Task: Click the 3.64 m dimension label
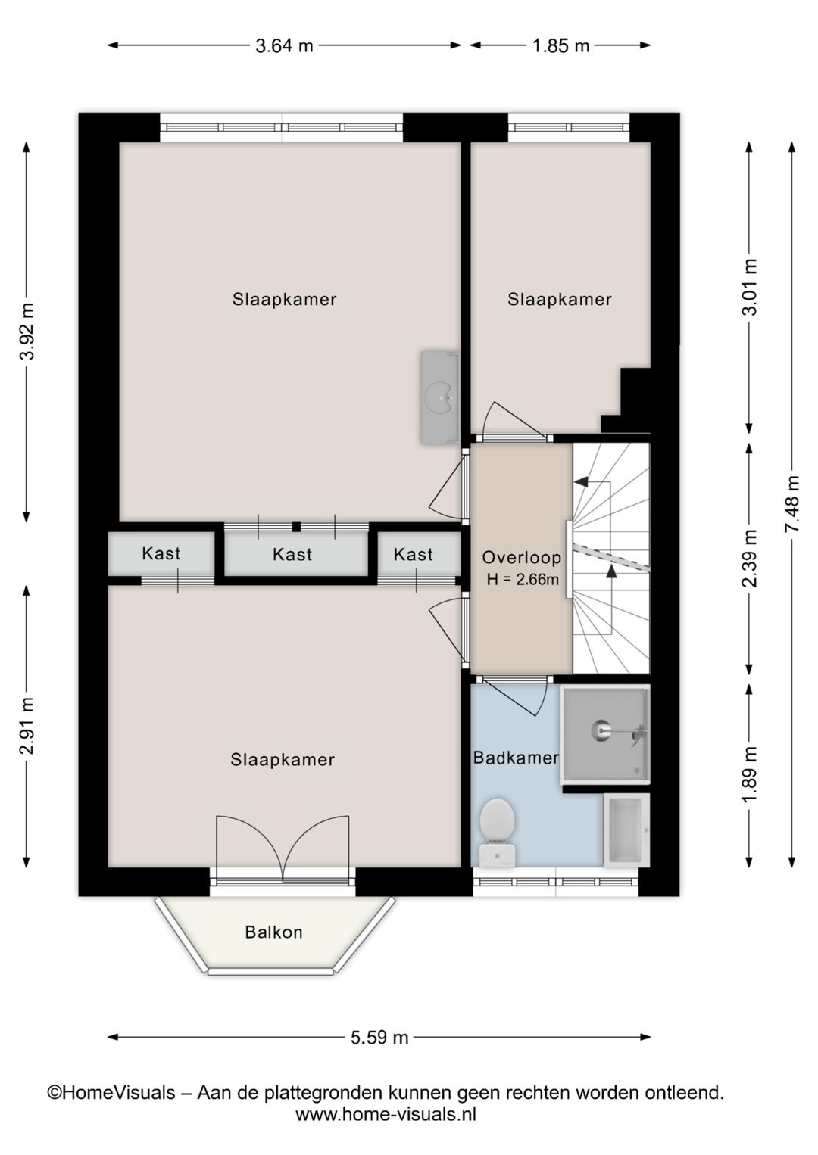point(284,45)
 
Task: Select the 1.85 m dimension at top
point(560,45)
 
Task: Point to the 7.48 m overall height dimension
point(792,504)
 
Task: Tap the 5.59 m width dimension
point(379,1037)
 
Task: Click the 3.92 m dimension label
point(27,332)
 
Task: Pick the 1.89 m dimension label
point(749,775)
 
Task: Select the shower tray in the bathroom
point(605,733)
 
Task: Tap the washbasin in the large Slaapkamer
point(440,397)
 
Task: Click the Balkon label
point(273,932)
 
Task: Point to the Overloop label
point(522,558)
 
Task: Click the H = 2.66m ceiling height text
point(523,581)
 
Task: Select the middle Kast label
point(292,554)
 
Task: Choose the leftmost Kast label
point(161,553)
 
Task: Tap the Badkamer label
point(516,757)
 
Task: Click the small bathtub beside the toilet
point(626,830)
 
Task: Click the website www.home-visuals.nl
point(386,1114)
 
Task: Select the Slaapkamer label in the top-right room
point(559,299)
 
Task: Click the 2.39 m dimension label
point(749,559)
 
